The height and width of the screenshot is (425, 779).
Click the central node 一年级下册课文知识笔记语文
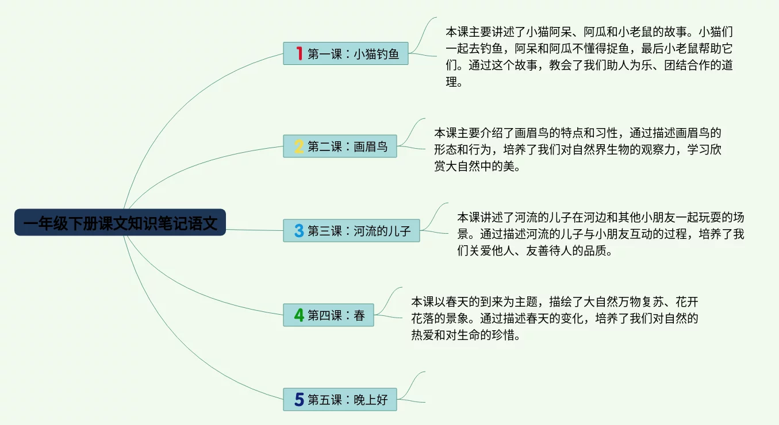(x=120, y=222)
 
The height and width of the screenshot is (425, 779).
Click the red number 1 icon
(x=299, y=54)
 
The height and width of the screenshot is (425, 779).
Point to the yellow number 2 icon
(x=299, y=146)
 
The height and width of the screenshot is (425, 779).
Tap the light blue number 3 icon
(x=299, y=231)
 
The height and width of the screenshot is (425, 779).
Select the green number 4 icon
(x=299, y=315)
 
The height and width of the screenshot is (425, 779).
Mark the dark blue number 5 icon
(x=299, y=400)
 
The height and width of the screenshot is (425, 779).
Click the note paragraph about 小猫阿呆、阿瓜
(x=589, y=57)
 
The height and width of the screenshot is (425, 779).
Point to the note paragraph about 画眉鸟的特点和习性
(x=577, y=150)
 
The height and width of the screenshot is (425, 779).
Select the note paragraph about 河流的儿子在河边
(x=600, y=234)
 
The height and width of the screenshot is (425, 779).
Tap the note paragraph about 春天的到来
(x=554, y=319)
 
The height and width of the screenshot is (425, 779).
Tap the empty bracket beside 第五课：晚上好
(x=415, y=387)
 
